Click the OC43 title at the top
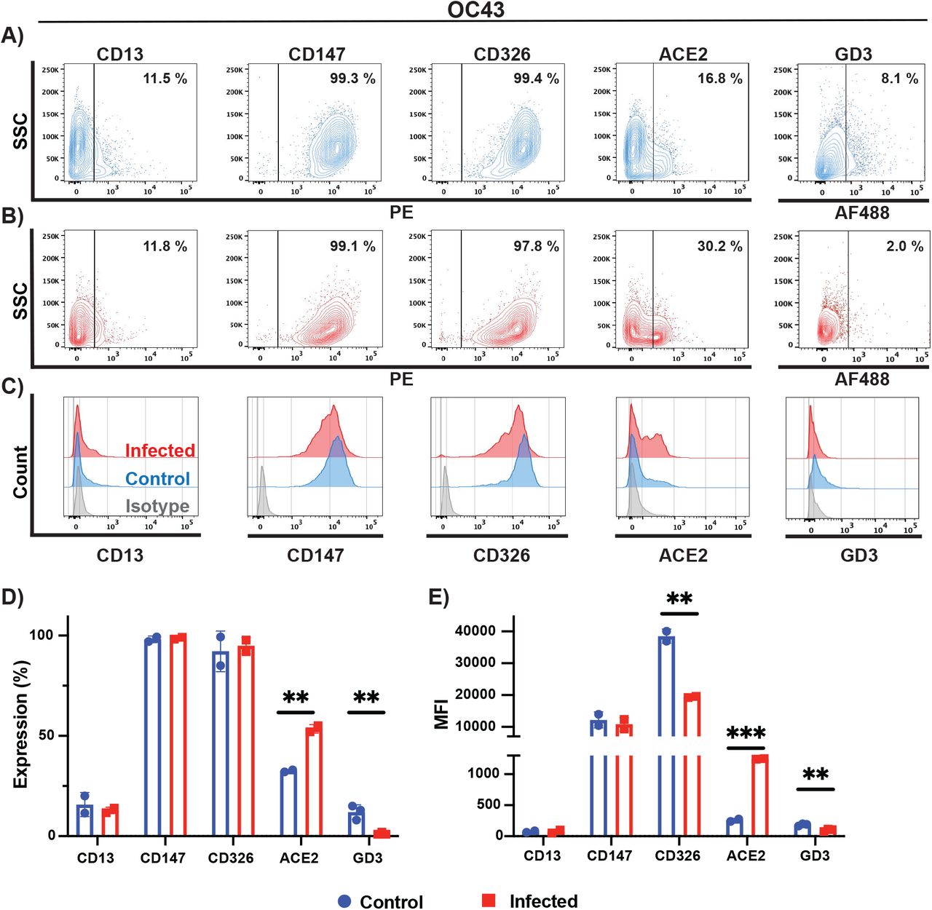click(x=475, y=9)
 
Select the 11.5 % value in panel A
click(x=165, y=79)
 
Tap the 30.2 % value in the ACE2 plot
click(x=719, y=246)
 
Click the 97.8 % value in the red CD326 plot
click(x=536, y=246)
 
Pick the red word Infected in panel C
click(x=159, y=451)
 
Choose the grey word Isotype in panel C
click(x=157, y=506)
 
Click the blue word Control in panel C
click(x=157, y=478)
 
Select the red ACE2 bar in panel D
click(x=315, y=781)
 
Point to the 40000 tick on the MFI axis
click(x=475, y=630)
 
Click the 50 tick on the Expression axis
click(x=46, y=735)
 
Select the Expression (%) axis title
click(x=21, y=724)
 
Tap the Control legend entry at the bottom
click(x=381, y=901)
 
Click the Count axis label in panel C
click(x=20, y=472)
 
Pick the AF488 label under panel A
click(x=861, y=213)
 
